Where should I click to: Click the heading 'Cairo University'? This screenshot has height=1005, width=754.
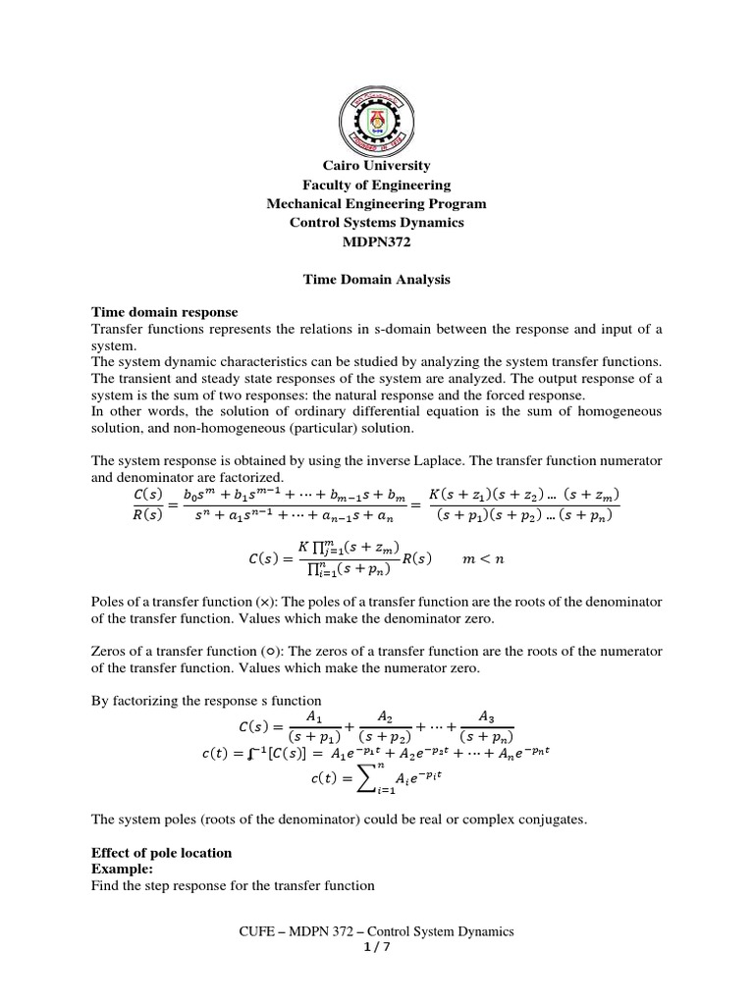point(377,166)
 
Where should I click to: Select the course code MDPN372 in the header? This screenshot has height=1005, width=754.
point(377,241)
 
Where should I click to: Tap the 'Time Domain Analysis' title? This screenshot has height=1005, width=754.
point(377,280)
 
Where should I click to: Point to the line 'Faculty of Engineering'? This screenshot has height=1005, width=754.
point(377,185)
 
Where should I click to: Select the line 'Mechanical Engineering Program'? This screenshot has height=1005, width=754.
point(377,203)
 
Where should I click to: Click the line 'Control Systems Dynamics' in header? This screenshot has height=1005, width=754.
point(377,223)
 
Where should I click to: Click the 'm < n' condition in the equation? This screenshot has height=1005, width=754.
point(485,558)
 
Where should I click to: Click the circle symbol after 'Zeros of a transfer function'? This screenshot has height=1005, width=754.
point(268,652)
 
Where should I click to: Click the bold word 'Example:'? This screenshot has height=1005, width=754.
point(122,870)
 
